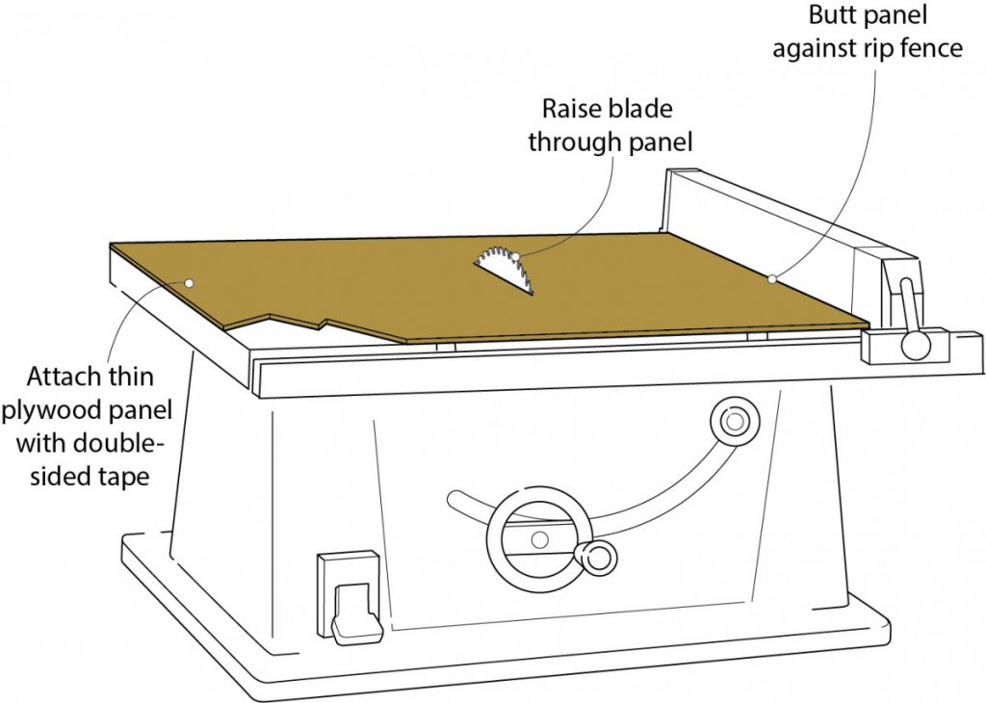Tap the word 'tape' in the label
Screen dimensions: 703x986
coord(123,475)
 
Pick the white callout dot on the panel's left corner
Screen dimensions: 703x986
coord(189,283)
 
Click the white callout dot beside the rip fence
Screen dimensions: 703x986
coord(772,279)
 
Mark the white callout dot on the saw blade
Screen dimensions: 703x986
coord(515,256)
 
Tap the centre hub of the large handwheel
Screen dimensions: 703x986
coord(540,537)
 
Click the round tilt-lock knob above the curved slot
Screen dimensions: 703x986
coord(734,421)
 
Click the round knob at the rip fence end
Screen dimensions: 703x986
coord(910,346)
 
